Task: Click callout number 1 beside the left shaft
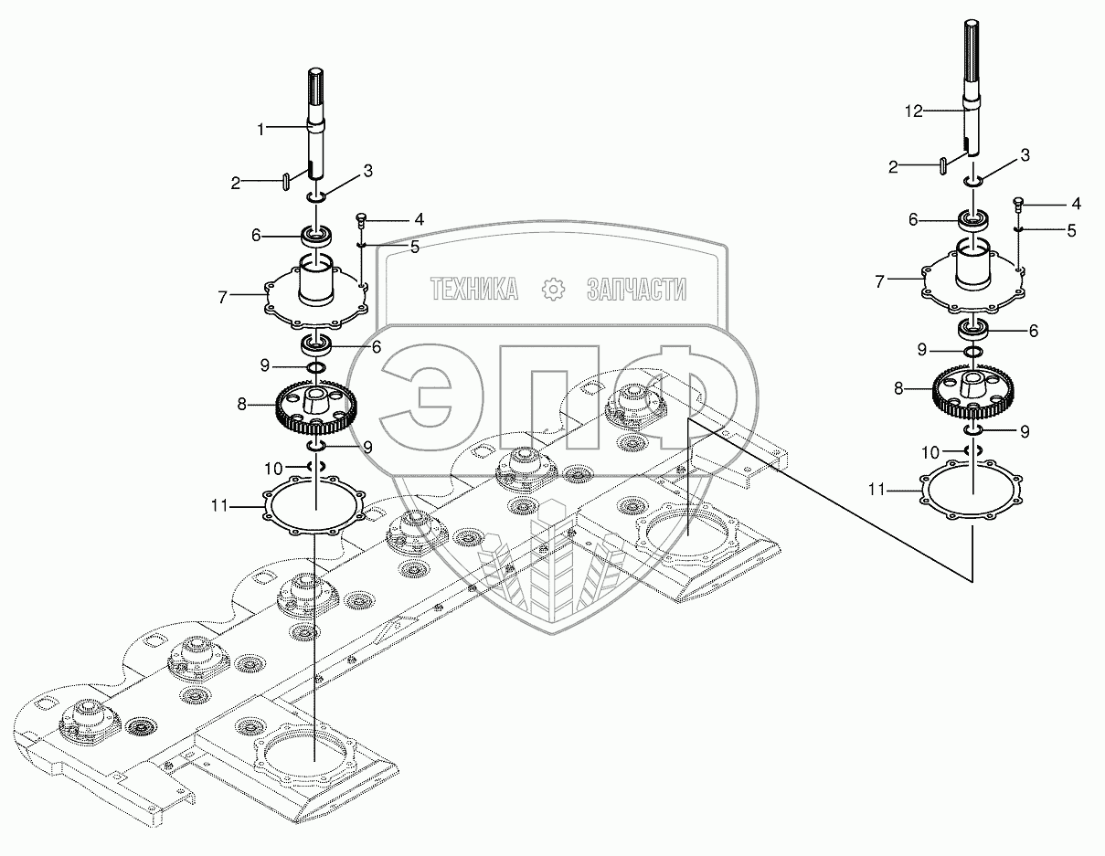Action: tap(260, 130)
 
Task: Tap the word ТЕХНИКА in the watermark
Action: tap(474, 291)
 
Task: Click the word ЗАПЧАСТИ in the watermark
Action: tap(636, 291)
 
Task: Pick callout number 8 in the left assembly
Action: tap(242, 403)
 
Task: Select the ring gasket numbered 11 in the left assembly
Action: tap(314, 504)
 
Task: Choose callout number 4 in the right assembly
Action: tap(1076, 203)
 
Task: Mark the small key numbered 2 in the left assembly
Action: tap(286, 181)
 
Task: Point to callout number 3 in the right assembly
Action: tap(1025, 155)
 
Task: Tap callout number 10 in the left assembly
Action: tap(273, 468)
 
